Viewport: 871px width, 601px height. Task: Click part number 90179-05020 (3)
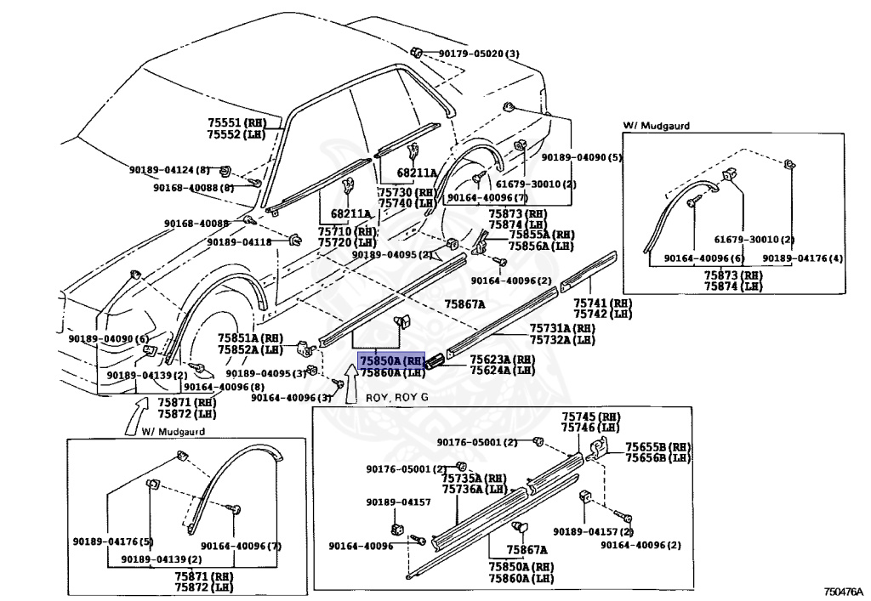pyautogui.click(x=478, y=54)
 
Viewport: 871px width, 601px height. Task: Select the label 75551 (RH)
pyautogui.click(x=236, y=122)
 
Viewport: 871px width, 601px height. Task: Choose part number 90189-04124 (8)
pyautogui.click(x=169, y=170)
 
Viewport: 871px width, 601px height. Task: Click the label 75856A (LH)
pyautogui.click(x=542, y=246)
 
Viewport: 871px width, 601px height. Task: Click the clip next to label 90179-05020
pyautogui.click(x=417, y=52)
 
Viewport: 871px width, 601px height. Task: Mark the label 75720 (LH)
pyautogui.click(x=347, y=242)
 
